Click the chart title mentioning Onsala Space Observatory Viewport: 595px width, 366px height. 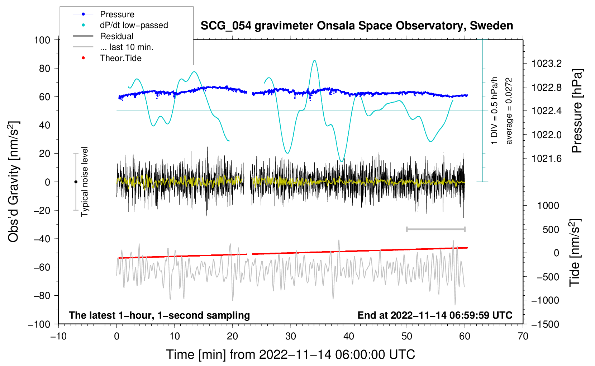click(x=357, y=26)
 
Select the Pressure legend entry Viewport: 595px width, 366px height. click(x=117, y=14)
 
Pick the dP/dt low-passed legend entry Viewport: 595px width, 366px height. click(x=134, y=25)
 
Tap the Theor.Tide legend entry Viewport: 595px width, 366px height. click(x=121, y=58)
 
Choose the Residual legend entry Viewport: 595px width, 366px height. click(x=116, y=36)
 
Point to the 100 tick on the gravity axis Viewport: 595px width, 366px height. click(x=42, y=40)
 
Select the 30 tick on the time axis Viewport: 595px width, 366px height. click(x=291, y=336)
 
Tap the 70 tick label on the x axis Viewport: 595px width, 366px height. click(x=523, y=336)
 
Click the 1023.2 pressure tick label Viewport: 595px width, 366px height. click(x=547, y=64)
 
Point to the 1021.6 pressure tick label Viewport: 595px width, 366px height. click(x=547, y=159)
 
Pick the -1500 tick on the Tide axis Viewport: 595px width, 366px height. click(x=545, y=324)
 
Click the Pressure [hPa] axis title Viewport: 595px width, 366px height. click(x=577, y=111)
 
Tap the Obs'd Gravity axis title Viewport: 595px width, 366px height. click(x=13, y=182)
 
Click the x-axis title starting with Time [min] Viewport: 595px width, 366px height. click(x=291, y=355)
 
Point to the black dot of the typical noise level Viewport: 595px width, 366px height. click(x=76, y=182)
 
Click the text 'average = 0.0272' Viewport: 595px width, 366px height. click(x=509, y=111)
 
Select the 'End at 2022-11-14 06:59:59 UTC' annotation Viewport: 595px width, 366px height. click(x=435, y=315)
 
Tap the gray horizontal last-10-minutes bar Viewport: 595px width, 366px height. click(x=435, y=229)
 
